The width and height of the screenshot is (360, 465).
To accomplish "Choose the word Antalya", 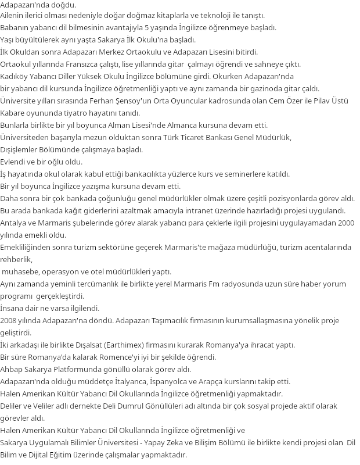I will [x=15, y=223].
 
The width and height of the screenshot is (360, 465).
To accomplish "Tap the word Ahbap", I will [x=13, y=369].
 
